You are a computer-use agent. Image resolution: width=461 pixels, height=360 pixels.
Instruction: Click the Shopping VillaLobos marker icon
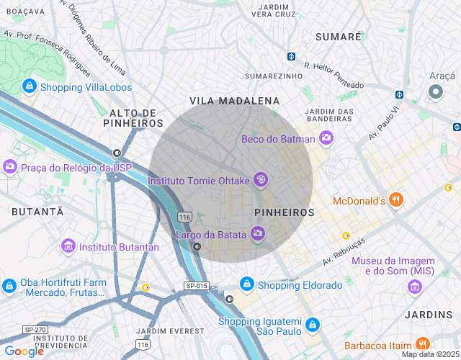coord(30,87)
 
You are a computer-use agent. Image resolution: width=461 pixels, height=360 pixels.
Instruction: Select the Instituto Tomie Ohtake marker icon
coord(261,180)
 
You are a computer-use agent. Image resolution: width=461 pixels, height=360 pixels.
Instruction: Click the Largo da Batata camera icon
coord(257,233)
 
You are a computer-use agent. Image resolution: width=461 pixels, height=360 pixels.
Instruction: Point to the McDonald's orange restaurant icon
coord(395,200)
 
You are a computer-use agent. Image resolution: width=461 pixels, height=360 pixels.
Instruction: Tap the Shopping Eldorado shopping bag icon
coord(247,284)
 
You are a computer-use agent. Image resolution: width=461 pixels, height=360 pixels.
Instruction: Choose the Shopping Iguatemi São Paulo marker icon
coord(312,325)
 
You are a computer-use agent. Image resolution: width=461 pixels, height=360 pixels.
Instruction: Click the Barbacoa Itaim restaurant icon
coord(423,343)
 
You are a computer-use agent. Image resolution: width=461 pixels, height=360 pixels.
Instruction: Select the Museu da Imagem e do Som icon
coord(414,287)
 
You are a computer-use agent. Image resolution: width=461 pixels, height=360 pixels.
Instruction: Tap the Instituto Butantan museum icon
coord(68,246)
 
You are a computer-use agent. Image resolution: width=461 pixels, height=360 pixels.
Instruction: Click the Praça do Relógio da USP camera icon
coord(10,167)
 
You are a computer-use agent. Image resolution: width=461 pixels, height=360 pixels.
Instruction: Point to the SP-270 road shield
coord(34,329)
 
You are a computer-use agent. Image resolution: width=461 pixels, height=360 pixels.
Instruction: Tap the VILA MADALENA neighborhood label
coord(234,101)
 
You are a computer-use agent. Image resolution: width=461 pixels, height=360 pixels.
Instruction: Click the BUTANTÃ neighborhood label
coord(37,211)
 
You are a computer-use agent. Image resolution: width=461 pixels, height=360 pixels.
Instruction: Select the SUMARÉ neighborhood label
coord(338,37)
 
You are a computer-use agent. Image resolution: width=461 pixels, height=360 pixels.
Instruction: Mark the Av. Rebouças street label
coord(349,251)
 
